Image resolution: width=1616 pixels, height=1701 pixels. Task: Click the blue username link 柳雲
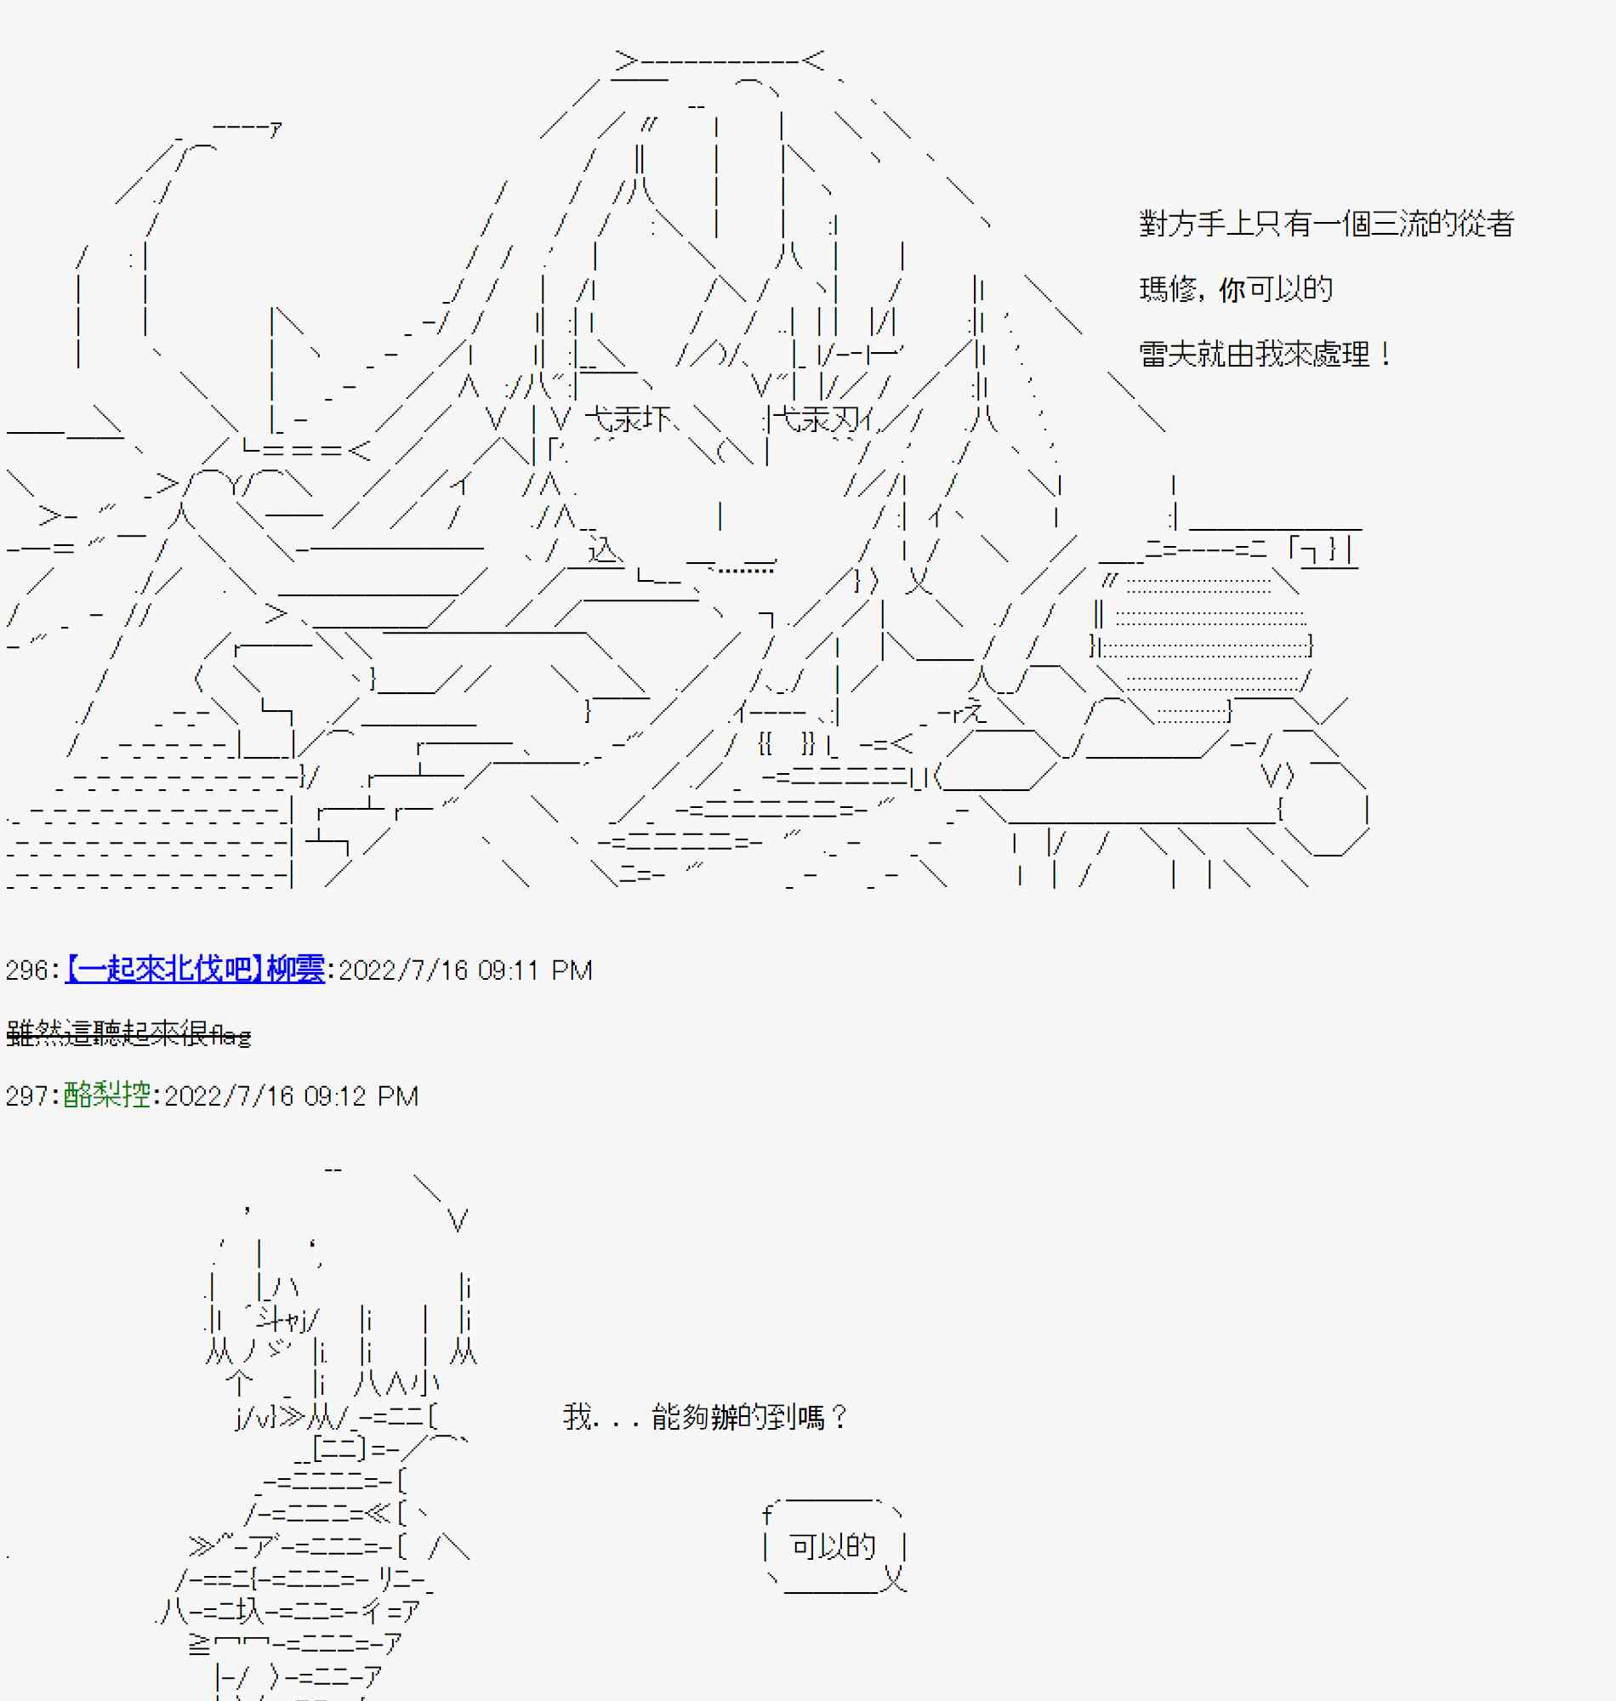click(x=295, y=970)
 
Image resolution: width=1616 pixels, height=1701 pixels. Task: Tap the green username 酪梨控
click(x=107, y=1095)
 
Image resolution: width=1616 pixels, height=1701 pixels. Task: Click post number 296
click(x=26, y=970)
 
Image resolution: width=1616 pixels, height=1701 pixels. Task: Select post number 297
click(x=26, y=1095)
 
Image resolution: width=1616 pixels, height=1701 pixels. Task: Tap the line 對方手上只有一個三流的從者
click(x=1326, y=224)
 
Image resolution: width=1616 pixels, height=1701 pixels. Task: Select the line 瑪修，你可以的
click(x=1235, y=288)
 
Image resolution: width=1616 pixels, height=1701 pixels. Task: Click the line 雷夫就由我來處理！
click(x=1264, y=354)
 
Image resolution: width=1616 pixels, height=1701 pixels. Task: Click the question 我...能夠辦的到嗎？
click(x=706, y=1417)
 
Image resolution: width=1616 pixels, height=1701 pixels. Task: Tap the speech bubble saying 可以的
click(x=832, y=1547)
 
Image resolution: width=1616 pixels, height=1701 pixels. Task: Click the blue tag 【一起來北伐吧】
click(x=164, y=970)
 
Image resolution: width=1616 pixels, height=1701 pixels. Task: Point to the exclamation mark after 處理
click(x=1385, y=354)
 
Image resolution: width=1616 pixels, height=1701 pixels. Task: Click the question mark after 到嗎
click(x=839, y=1417)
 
